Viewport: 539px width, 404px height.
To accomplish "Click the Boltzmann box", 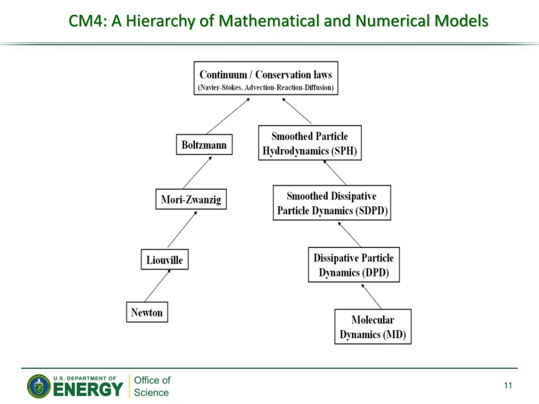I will (204, 145).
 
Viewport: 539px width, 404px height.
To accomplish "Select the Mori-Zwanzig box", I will (191, 199).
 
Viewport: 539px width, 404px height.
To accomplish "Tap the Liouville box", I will (164, 260).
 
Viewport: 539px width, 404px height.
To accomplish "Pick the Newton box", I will (147, 312).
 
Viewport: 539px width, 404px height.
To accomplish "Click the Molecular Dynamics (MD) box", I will (373, 327).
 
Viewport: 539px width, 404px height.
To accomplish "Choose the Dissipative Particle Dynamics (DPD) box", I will (354, 265).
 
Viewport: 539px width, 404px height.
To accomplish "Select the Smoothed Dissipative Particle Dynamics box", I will (332, 203).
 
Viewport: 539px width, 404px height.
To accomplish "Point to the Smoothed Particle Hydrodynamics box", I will (310, 143).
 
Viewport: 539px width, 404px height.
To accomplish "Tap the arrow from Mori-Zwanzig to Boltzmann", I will (197, 172).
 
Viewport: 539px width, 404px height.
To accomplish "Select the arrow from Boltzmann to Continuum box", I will (228, 116).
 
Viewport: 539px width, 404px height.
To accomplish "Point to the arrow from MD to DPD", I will (371, 296).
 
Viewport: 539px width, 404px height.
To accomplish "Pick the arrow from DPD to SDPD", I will (349, 234).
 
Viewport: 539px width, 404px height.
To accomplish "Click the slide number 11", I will (507, 386).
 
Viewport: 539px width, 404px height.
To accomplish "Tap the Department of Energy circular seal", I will (39, 387).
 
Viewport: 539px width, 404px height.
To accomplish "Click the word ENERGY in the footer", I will (88, 390).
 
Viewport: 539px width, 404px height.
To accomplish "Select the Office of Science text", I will (152, 386).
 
